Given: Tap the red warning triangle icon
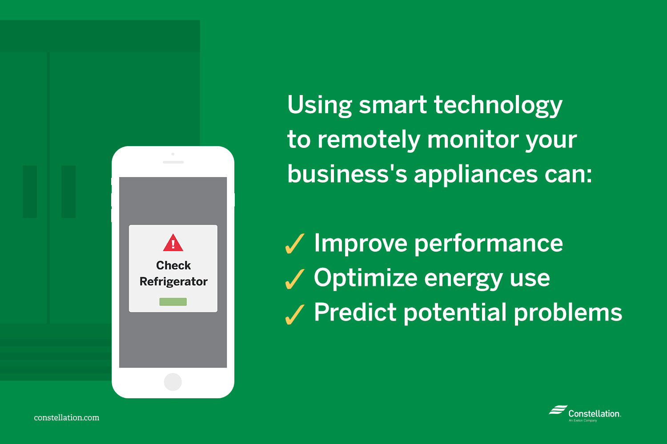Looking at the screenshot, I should coord(173,243).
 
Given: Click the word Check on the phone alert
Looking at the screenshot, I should coord(173,265).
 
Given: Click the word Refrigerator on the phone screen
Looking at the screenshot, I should coord(173,281).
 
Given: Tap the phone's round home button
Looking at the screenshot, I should coord(173,382).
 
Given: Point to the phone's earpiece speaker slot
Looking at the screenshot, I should coord(173,162).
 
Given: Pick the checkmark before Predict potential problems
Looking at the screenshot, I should coord(294,314).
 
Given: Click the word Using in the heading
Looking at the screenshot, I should coord(319,106).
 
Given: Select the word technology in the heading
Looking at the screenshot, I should coord(498,106).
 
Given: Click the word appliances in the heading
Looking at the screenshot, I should coord(475,174).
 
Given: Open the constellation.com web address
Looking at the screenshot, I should coord(67,417).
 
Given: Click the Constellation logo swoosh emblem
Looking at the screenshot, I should coord(558,410).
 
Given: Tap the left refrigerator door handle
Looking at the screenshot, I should coord(30,191).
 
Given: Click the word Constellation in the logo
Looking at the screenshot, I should coord(594,413).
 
